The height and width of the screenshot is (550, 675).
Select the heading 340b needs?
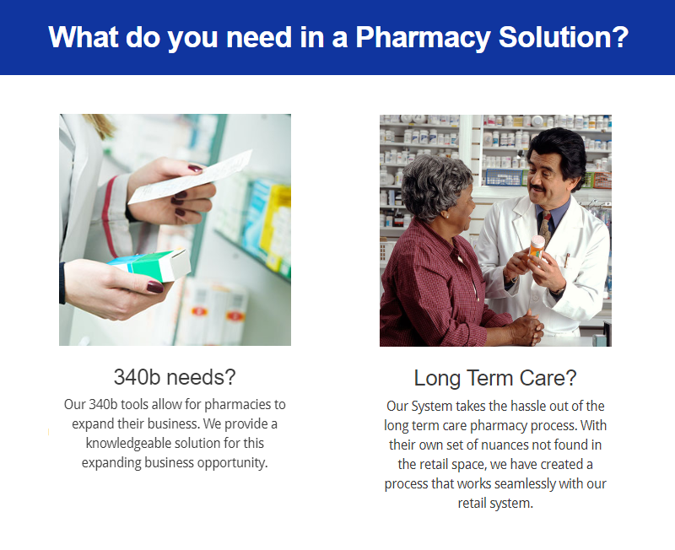[x=175, y=376]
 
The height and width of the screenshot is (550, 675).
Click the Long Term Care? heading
[x=495, y=377]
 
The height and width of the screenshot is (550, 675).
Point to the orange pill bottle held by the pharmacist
[x=537, y=247]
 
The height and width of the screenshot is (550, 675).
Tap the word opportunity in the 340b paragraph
[x=230, y=462]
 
